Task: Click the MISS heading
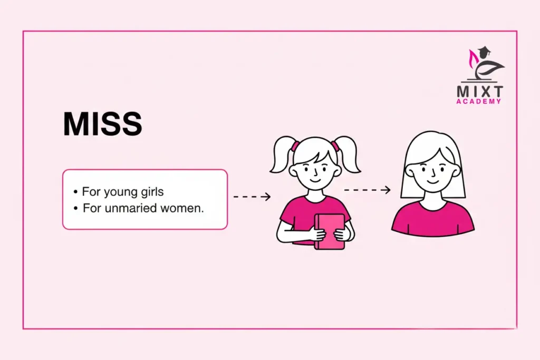[102, 125]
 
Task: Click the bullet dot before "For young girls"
[76, 191]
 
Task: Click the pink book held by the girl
[329, 231]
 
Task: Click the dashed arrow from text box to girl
[252, 197]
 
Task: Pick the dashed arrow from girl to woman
[367, 190]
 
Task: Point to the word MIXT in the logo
[480, 91]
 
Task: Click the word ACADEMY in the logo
[480, 101]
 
